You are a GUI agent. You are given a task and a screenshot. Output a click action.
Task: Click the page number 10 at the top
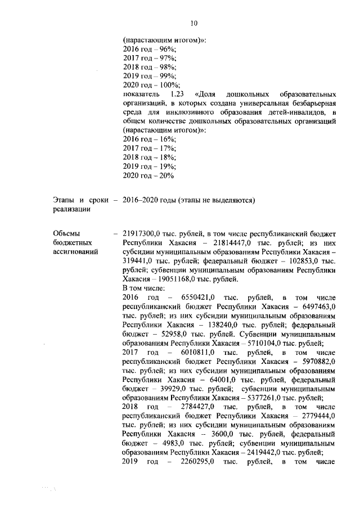pyautogui.click(x=193, y=23)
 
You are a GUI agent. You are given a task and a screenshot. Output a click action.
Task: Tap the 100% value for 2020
pyautogui.click(x=168, y=83)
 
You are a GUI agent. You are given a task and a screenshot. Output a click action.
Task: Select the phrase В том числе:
pyautogui.click(x=143, y=288)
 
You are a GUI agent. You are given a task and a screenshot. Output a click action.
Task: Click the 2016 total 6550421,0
pyautogui.click(x=198, y=298)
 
